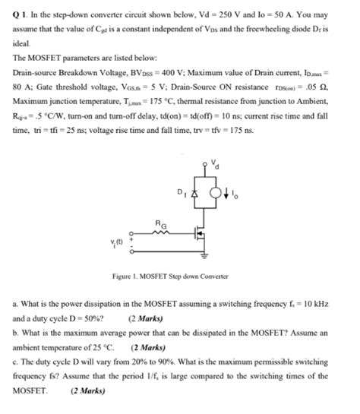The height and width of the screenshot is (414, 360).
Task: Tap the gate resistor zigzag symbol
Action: (160, 231)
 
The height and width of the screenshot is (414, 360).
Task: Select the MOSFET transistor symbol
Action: (197, 232)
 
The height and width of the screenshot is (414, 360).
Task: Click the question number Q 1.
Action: (21, 14)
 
